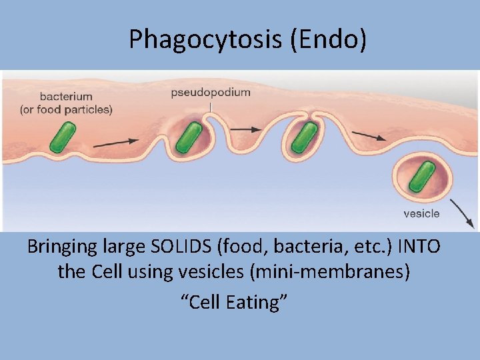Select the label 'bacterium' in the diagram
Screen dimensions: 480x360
pyautogui.click(x=66, y=97)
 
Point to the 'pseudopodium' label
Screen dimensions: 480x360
pyautogui.click(x=211, y=93)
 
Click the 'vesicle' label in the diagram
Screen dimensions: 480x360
pyautogui.click(x=421, y=213)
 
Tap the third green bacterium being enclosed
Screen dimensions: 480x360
pyautogui.click(x=304, y=137)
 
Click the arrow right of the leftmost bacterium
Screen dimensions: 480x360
pyautogui.click(x=116, y=142)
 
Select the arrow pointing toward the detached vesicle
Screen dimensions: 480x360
pyautogui.click(x=369, y=136)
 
